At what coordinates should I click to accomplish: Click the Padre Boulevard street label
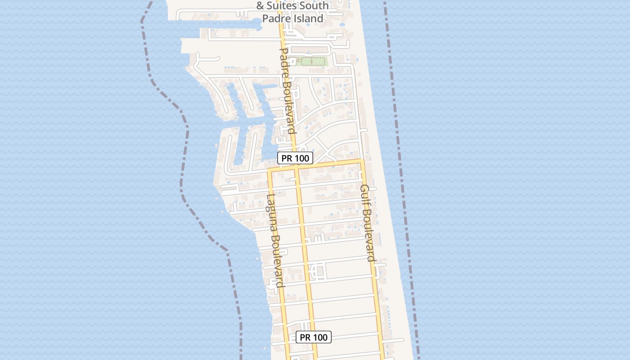point(287,90)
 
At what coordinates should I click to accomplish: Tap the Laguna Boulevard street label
point(274,240)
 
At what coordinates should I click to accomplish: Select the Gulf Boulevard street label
point(368,223)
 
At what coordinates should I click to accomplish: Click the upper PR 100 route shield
point(295,158)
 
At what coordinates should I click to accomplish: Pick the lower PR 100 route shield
point(314,337)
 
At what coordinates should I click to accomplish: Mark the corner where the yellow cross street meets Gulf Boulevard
point(362,160)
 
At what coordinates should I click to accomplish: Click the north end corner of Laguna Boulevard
point(270,170)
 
